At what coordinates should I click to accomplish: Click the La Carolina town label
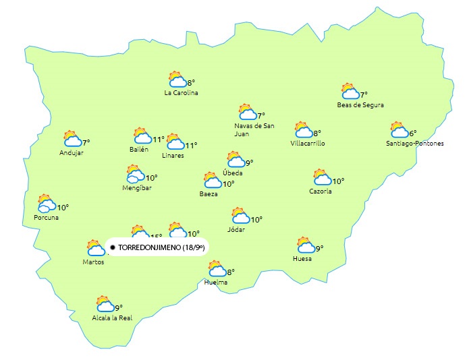tap(181, 93)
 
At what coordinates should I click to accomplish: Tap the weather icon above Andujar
tap(72, 139)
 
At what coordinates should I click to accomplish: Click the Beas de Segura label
tap(360, 105)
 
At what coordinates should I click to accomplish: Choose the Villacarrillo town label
tap(308, 144)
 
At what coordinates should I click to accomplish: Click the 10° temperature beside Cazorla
tap(338, 181)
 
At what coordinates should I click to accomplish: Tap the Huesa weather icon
tap(306, 245)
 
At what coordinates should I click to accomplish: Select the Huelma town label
tap(216, 282)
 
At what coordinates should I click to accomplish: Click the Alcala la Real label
tap(112, 318)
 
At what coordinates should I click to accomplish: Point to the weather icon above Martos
tap(94, 247)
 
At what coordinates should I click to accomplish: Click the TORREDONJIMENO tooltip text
tap(161, 248)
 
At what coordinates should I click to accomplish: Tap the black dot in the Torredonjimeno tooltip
tap(113, 248)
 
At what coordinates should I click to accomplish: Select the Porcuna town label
tap(46, 218)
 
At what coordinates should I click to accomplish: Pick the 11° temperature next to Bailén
tap(159, 140)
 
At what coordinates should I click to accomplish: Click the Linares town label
tap(173, 156)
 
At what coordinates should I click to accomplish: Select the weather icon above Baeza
tap(213, 180)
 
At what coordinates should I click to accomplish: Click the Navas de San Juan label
tap(254, 129)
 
